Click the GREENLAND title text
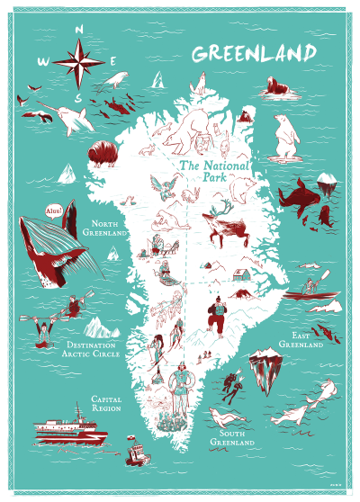coord(255,52)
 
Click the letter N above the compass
coord(80,29)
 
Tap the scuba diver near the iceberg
coord(233,389)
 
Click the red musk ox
coord(103,153)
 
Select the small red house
coord(241,274)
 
